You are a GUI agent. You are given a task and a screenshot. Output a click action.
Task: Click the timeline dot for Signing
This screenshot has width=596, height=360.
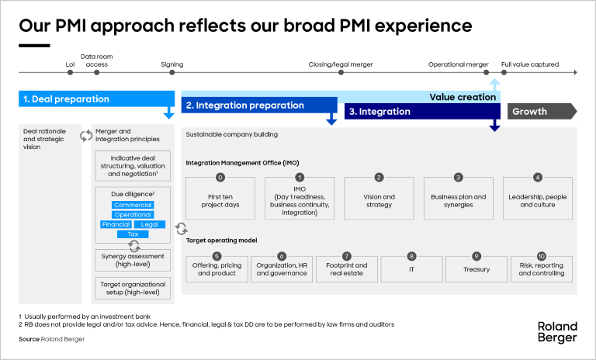pos(172,73)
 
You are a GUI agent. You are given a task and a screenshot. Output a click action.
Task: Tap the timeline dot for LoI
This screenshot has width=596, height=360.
pos(71,73)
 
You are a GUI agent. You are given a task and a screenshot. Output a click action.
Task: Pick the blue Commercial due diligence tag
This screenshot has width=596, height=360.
pos(133,206)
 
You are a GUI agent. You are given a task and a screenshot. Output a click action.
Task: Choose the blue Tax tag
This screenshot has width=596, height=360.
pos(133,234)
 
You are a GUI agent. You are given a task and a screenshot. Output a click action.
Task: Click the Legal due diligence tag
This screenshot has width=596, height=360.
pos(150,224)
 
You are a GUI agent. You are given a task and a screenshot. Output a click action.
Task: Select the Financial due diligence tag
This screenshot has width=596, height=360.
pos(116,224)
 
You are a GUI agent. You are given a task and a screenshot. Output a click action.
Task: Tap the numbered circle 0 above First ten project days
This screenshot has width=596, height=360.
pos(220,178)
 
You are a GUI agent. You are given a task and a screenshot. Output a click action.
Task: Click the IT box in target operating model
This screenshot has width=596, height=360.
pos(411,269)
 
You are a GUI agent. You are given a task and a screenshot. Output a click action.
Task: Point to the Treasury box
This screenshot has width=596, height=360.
pos(476,269)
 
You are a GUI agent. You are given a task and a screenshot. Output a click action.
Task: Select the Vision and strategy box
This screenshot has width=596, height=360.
pos(379,201)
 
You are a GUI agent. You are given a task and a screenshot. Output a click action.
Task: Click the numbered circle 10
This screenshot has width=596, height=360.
pos(541,256)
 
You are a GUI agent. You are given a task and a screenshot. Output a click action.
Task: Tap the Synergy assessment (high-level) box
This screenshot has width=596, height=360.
pos(133,261)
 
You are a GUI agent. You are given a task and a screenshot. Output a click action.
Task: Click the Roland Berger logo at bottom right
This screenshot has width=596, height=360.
pos(556,332)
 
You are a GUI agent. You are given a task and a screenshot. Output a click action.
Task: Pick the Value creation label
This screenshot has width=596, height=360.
pos(463,97)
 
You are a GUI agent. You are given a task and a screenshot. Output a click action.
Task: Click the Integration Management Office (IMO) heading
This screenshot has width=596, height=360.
pos(242,162)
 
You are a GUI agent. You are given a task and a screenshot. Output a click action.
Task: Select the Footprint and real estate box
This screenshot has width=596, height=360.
pos(347,269)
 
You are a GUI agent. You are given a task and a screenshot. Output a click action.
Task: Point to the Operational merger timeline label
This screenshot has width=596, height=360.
pos(458,64)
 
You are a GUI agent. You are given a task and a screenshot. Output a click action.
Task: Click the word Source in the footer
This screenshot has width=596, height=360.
pos(29,339)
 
